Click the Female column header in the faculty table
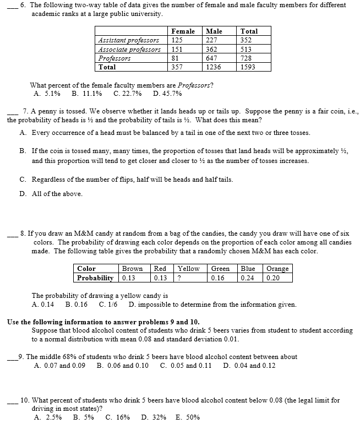pyautogui.click(x=183, y=31)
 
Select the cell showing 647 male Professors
pyautogui.click(x=210, y=58)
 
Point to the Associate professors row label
pyautogui.click(x=129, y=49)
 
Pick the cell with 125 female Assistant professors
pyautogui.click(x=177, y=40)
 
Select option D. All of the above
pyautogui.click(x=51, y=194)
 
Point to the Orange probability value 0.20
pyautogui.click(x=272, y=278)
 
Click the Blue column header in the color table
pyautogui.click(x=248, y=269)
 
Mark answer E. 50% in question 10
pyautogui.click(x=187, y=417)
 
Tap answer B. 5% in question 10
pyautogui.click(x=83, y=417)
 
